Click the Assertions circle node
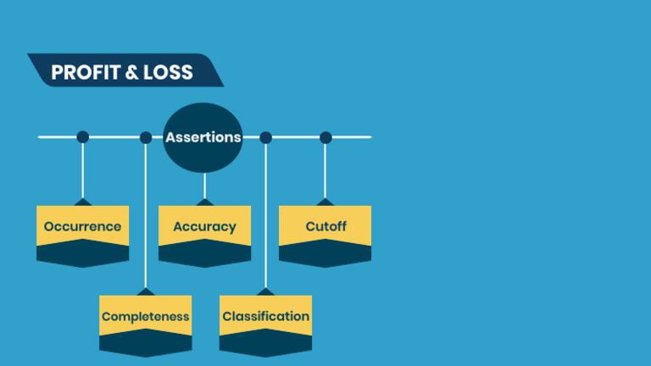tap(203, 137)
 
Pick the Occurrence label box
tap(82, 226)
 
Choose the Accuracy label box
tap(204, 226)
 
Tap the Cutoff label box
tap(325, 226)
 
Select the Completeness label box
tap(145, 316)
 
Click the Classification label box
tap(265, 316)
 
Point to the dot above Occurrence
tap(82, 137)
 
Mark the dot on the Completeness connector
tap(146, 137)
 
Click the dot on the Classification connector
tap(265, 137)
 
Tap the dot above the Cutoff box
tap(325, 137)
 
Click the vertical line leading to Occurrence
tap(82, 169)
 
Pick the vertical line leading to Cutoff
tap(325, 169)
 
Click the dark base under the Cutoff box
tap(325, 254)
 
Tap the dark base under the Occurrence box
tap(82, 254)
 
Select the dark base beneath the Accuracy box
tap(204, 254)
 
